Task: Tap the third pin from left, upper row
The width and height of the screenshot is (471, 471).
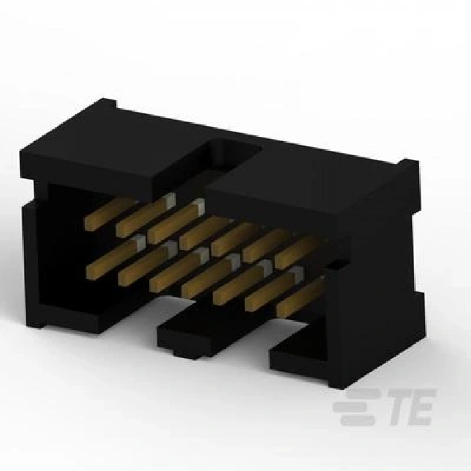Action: [176, 221]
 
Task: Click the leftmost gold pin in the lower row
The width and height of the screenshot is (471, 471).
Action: [116, 257]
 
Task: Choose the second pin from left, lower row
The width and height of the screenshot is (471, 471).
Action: [147, 263]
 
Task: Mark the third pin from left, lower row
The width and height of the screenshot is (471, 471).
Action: [179, 270]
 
